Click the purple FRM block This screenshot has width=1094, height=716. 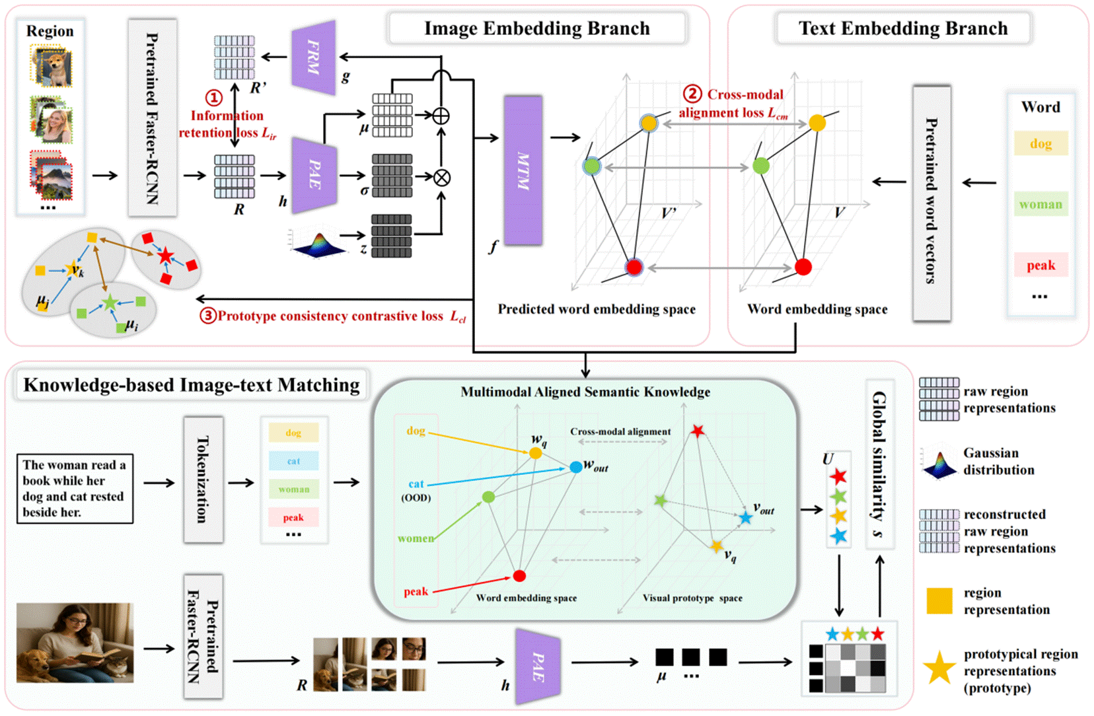(314, 57)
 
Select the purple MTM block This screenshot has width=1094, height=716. (523, 170)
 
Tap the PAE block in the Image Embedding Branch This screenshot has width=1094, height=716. (315, 175)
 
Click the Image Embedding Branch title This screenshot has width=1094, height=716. (536, 28)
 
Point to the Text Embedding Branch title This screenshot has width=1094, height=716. (902, 28)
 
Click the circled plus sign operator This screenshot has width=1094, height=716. (441, 116)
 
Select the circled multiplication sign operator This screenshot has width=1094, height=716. (442, 177)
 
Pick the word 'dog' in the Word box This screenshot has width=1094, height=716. (1040, 144)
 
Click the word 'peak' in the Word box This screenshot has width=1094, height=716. (1040, 266)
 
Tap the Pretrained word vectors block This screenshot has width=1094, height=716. (931, 202)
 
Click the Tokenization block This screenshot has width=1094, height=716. (203, 480)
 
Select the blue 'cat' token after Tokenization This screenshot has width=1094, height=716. (293, 461)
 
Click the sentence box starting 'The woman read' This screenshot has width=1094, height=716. (75, 489)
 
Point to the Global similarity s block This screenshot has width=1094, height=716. (880, 464)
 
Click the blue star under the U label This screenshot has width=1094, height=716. (838, 536)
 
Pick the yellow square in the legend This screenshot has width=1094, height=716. (939, 601)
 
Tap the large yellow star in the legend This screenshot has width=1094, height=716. (939, 668)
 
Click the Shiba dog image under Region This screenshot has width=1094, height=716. (52, 66)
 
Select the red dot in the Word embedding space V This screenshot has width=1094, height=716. (803, 267)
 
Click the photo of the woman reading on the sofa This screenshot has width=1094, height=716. (75, 643)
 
